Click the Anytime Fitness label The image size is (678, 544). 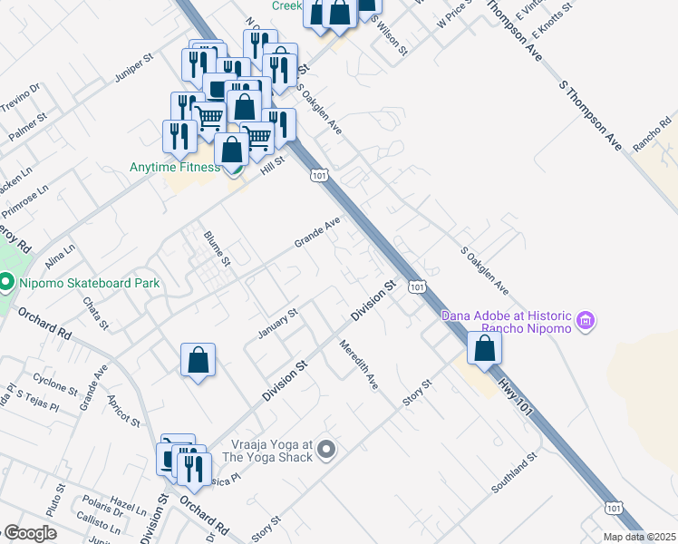(175, 167)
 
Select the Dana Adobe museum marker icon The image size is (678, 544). (586, 320)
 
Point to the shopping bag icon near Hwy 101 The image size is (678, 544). (485, 348)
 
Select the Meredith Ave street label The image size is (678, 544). (358, 364)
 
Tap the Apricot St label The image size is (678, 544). (122, 411)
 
